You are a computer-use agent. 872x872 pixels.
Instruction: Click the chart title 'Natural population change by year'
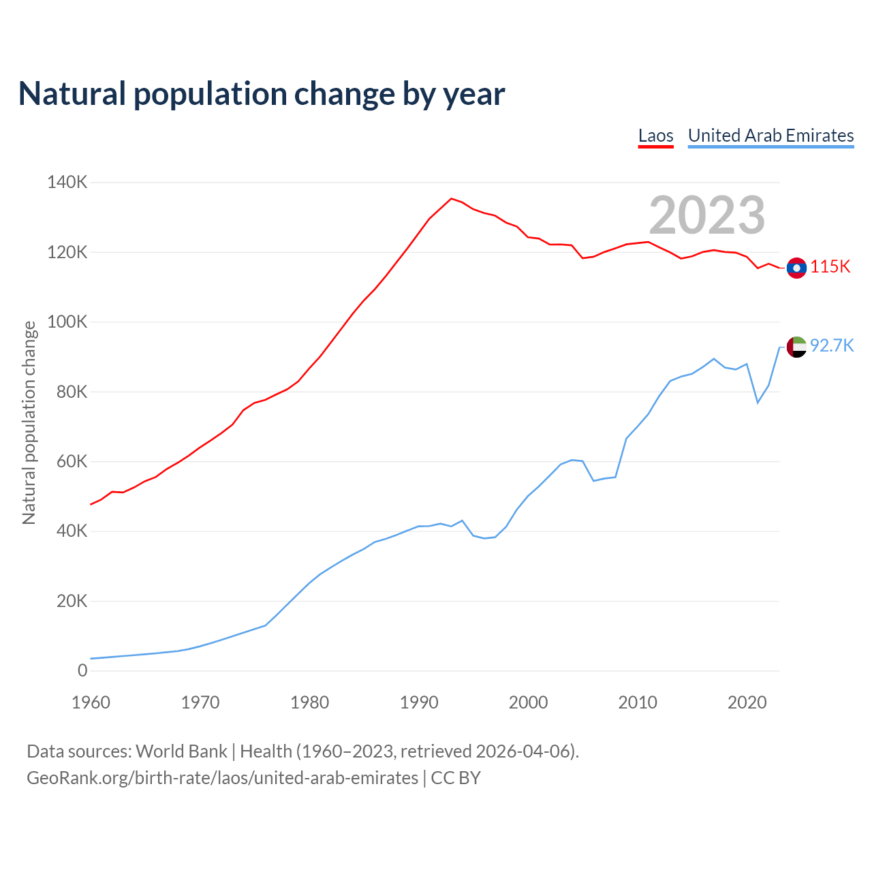[x=262, y=94]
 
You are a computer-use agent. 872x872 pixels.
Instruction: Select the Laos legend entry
[x=655, y=136]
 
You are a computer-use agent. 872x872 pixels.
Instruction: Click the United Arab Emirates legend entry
[x=770, y=136]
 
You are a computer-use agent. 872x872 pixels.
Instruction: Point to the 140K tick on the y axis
[x=67, y=183]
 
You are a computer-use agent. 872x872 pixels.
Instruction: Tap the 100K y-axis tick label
[x=67, y=322]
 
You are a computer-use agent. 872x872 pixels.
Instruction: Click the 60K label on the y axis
[x=71, y=461]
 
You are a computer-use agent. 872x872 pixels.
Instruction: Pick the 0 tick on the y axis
[x=82, y=670]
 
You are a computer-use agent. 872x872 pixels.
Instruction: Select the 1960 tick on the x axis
[x=91, y=702]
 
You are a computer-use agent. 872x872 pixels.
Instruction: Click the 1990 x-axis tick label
[x=419, y=702]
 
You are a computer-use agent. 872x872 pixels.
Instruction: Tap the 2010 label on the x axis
[x=638, y=702]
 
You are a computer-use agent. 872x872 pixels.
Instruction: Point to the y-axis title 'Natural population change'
[x=29, y=423]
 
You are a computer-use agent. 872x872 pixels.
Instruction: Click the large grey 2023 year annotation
[x=706, y=215]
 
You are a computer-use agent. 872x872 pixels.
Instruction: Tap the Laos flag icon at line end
[x=796, y=268]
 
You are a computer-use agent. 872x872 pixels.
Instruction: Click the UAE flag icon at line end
[x=796, y=347]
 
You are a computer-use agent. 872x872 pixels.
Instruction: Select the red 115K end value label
[x=830, y=267]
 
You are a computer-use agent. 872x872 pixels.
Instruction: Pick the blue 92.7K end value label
[x=832, y=346]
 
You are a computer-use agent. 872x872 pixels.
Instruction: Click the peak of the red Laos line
[x=451, y=198]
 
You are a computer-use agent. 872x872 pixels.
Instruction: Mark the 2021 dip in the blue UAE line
[x=758, y=403]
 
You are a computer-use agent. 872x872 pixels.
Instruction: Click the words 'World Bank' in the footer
[x=181, y=751]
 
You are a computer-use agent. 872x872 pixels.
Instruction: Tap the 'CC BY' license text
[x=456, y=778]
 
